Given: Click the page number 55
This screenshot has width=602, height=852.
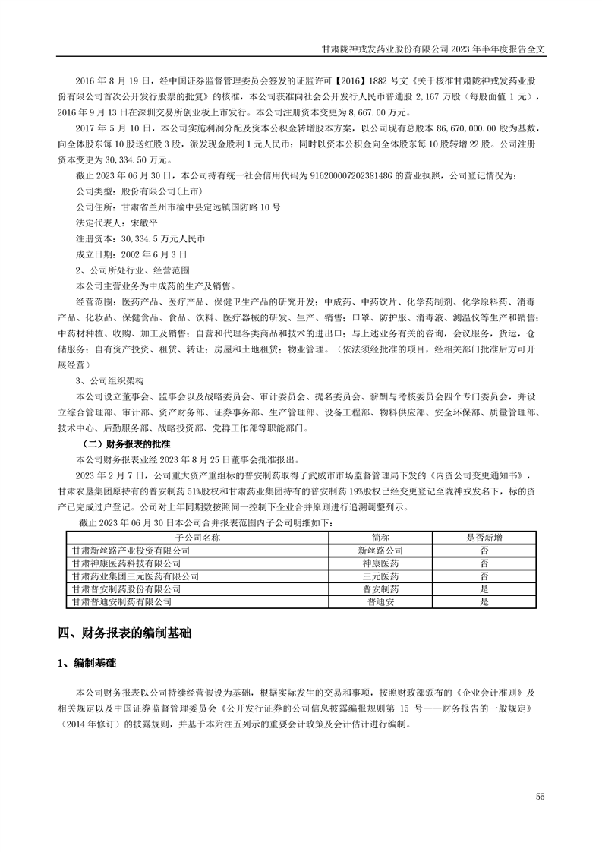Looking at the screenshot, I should pyautogui.click(x=540, y=796).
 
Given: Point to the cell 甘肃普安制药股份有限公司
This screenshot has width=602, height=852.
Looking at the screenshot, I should pyautogui.click(x=126, y=589).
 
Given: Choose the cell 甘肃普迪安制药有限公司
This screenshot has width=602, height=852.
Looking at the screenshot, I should pyautogui.click(x=121, y=601).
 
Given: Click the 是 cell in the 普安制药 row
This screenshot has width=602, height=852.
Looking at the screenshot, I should pyautogui.click(x=484, y=589).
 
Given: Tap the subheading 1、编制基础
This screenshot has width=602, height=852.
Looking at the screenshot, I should pyautogui.click(x=87, y=664).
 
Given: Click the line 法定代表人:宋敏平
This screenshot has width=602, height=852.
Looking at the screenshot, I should pyautogui.click(x=116, y=223).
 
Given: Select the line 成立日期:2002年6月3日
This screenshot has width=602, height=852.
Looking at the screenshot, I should pyautogui.click(x=131, y=254).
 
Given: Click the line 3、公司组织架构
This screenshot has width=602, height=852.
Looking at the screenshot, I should pyautogui.click(x=110, y=380).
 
